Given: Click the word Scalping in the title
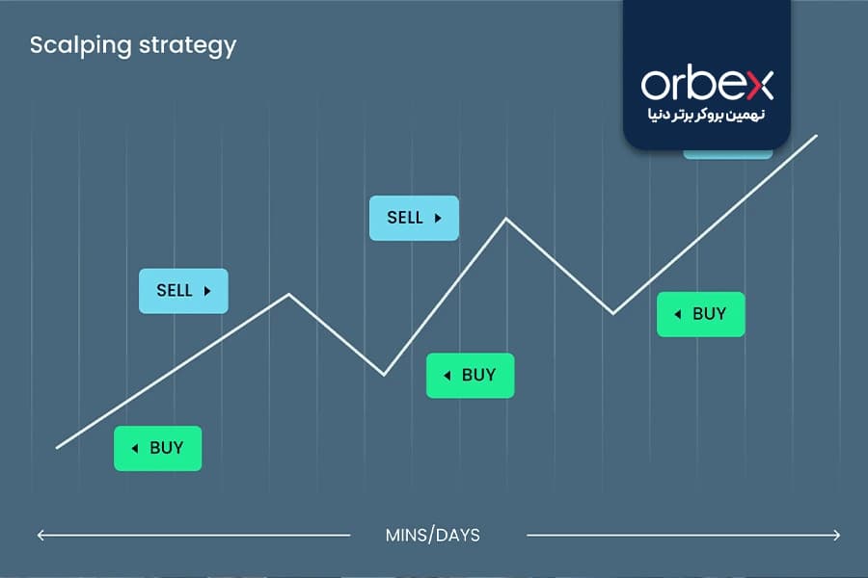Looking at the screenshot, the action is [81, 46].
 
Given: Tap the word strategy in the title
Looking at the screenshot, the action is [188, 46].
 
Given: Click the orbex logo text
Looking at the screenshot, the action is [707, 85].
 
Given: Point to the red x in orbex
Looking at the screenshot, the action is [760, 87].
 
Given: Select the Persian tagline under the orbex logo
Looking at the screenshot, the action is [706, 115].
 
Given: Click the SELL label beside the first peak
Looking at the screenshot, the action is [183, 291].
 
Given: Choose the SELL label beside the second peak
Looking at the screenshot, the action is [414, 218].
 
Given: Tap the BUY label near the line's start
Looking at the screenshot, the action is [158, 448].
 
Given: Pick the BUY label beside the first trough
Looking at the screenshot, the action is [470, 376].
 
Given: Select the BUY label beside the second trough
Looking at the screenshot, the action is [701, 314].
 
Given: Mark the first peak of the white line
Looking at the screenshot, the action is [288, 294].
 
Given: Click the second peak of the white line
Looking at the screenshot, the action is [506, 219].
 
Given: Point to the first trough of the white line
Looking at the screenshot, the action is [384, 375].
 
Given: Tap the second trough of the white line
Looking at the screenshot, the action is [612, 314].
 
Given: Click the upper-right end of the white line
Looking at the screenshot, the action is [817, 136].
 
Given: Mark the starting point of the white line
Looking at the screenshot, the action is [57, 447].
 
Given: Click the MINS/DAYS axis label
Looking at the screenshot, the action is [433, 536].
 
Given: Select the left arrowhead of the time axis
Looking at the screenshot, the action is [41, 536].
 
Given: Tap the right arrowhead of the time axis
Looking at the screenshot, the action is [837, 536].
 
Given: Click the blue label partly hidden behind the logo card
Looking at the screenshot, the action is [728, 154].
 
